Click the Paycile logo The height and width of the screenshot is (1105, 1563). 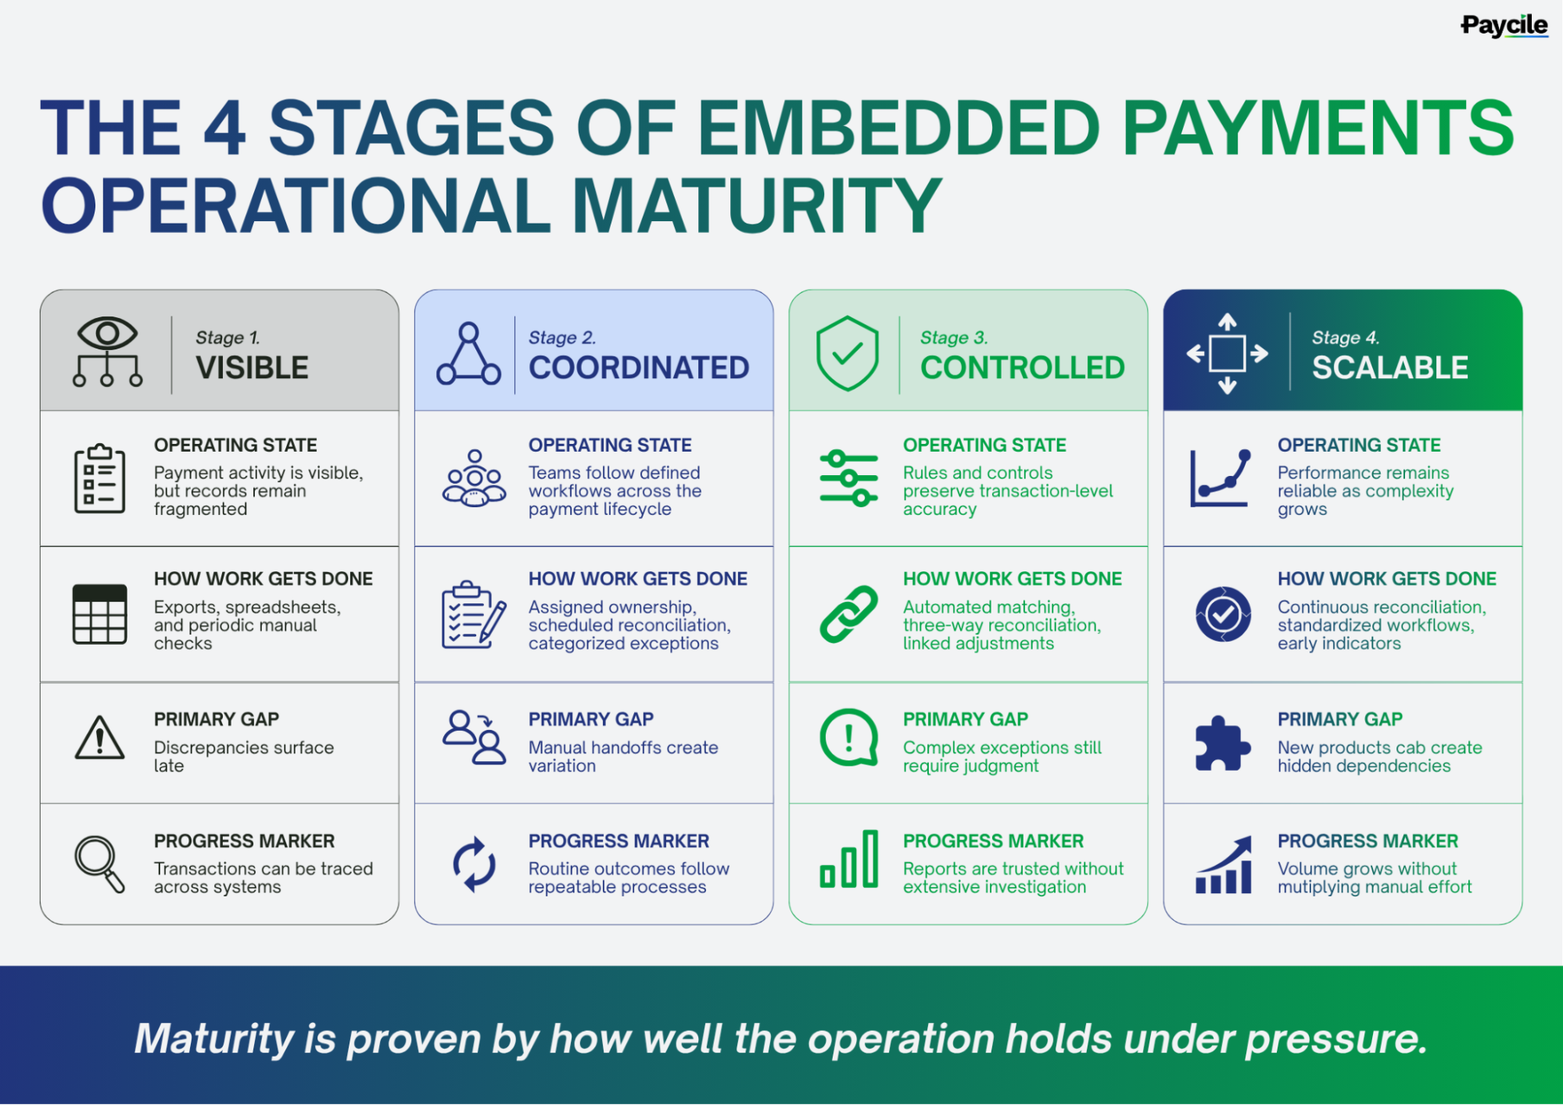(x=1504, y=26)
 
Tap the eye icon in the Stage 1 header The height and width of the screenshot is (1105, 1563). (x=107, y=334)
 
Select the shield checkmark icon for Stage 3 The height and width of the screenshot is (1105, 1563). (x=848, y=353)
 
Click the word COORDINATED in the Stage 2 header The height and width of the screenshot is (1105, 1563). (x=639, y=367)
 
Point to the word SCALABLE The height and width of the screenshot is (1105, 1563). (x=1390, y=367)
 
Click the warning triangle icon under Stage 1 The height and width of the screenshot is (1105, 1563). (x=99, y=738)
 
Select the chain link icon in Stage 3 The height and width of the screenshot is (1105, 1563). (x=849, y=614)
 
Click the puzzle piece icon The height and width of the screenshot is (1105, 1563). (x=1223, y=743)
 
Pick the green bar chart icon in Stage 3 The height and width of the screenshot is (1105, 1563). (x=849, y=859)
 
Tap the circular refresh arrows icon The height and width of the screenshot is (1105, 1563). (x=474, y=864)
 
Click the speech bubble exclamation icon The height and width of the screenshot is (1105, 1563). (x=849, y=738)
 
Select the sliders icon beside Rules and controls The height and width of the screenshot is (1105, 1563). (x=849, y=478)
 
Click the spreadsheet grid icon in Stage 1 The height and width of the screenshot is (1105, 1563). (x=99, y=614)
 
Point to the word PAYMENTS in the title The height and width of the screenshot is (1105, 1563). (x=1318, y=127)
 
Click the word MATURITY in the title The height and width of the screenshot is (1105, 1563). (x=757, y=205)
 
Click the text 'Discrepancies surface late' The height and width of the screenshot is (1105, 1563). (x=244, y=756)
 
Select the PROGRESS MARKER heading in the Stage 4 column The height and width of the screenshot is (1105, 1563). (x=1368, y=841)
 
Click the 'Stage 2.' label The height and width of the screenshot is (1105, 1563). (x=562, y=338)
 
